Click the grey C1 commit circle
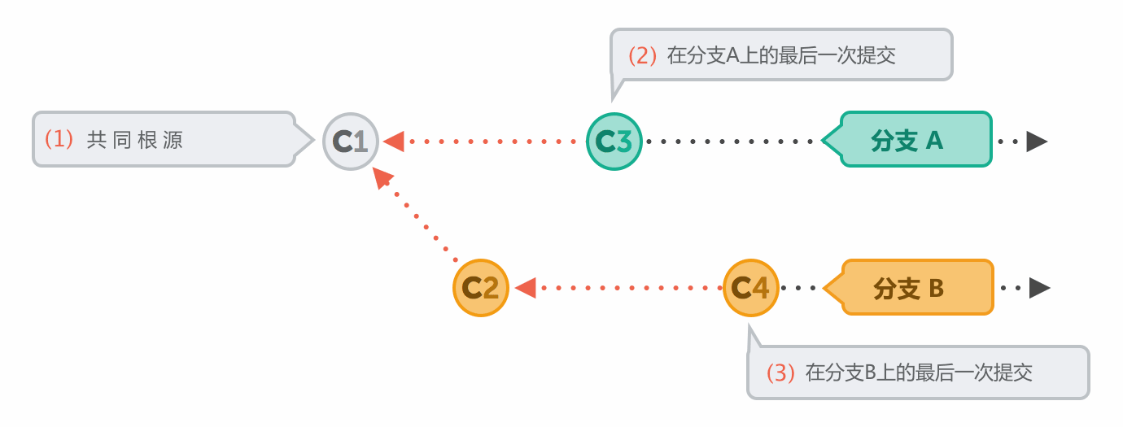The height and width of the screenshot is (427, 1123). click(x=352, y=142)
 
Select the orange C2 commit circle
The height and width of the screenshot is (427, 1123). click(x=481, y=288)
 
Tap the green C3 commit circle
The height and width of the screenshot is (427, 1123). click(x=614, y=141)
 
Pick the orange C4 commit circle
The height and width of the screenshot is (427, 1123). click(x=751, y=287)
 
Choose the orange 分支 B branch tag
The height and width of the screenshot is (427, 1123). click(x=913, y=288)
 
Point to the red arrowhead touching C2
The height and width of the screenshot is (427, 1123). click(x=525, y=288)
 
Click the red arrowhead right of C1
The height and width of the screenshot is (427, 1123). click(x=394, y=142)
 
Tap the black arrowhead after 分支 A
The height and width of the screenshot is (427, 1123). click(x=1036, y=142)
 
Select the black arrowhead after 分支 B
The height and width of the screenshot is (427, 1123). click(x=1039, y=288)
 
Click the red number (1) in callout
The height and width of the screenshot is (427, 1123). click(x=59, y=139)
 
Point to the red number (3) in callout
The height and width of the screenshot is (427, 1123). click(x=780, y=373)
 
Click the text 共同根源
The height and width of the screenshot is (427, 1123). click(x=135, y=139)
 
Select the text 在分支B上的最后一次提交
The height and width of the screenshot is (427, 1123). click(x=919, y=373)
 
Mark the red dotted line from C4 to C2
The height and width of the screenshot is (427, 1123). click(x=631, y=288)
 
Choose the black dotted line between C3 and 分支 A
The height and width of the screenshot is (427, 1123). click(x=732, y=142)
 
